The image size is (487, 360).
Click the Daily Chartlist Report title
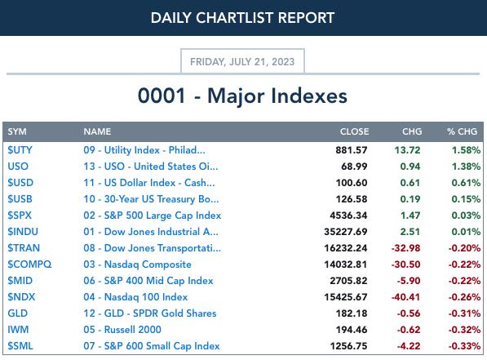(x=242, y=18)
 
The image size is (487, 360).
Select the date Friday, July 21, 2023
(x=242, y=61)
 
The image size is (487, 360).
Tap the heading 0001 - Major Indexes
(x=242, y=96)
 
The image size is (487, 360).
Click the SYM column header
(x=17, y=131)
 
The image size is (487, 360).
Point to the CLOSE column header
(x=354, y=131)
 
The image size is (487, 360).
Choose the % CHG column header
(x=463, y=131)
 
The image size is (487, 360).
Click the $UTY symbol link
(x=20, y=150)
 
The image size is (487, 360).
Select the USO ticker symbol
(x=18, y=167)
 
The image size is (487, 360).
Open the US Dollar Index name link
(x=149, y=183)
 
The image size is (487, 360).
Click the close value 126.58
(x=352, y=199)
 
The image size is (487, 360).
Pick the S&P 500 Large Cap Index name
(x=153, y=216)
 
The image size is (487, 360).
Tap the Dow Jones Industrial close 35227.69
(x=346, y=232)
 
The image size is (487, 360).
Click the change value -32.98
(x=405, y=248)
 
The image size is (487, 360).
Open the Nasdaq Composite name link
(x=137, y=264)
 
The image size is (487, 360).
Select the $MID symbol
(x=20, y=281)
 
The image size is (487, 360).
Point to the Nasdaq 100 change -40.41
(x=405, y=297)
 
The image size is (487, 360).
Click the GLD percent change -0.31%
(x=464, y=313)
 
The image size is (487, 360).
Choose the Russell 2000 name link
(x=122, y=330)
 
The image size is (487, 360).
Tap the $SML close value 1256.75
(x=349, y=346)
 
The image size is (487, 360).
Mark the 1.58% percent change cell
(x=466, y=150)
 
